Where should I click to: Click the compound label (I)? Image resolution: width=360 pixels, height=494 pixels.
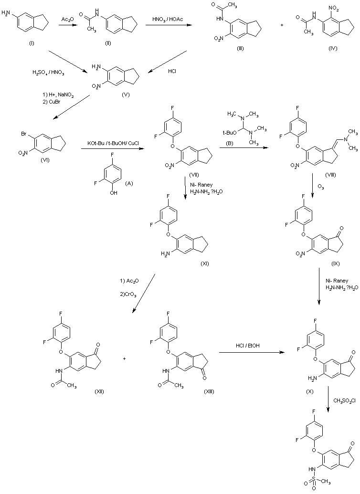32,43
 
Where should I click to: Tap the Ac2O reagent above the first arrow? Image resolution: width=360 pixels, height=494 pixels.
66,20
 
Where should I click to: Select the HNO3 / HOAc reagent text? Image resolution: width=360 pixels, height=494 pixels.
168,20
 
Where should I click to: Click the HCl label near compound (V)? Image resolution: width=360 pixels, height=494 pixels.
172,72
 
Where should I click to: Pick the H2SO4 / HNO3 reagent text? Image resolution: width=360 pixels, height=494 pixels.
48,73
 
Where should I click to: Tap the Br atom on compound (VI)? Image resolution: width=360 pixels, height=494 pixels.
24,134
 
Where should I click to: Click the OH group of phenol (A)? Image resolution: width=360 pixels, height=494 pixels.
114,192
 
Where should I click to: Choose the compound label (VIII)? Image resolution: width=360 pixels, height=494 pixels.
330,175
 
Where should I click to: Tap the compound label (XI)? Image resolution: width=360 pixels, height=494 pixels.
204,263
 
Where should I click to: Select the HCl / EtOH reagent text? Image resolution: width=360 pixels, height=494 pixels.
248,346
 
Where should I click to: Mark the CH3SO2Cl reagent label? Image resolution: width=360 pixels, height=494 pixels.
344,401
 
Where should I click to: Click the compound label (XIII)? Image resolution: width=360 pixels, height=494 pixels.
209,391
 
